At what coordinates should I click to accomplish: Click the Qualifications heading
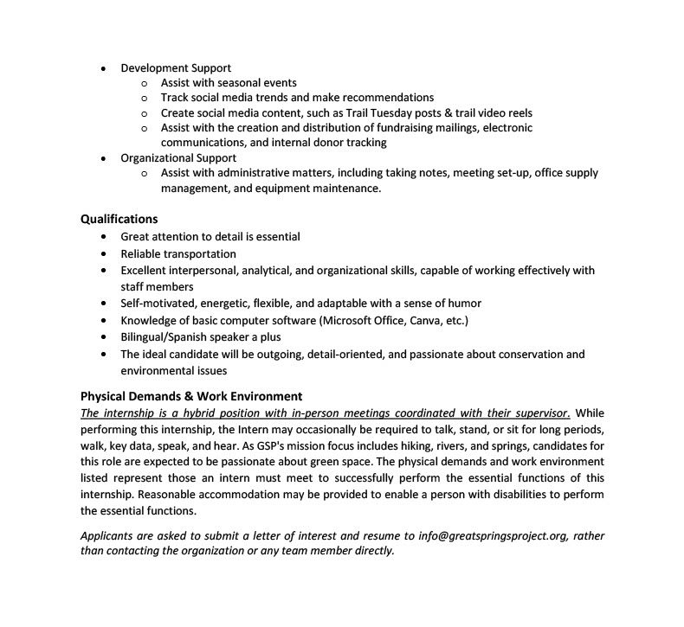119,219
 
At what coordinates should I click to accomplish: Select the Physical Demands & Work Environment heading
191,396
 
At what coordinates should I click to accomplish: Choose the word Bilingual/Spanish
168,336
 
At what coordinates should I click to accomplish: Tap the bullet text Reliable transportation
177,253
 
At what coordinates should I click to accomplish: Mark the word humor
463,303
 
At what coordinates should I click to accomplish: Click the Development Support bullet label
176,67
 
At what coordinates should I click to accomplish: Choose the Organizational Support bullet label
178,158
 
